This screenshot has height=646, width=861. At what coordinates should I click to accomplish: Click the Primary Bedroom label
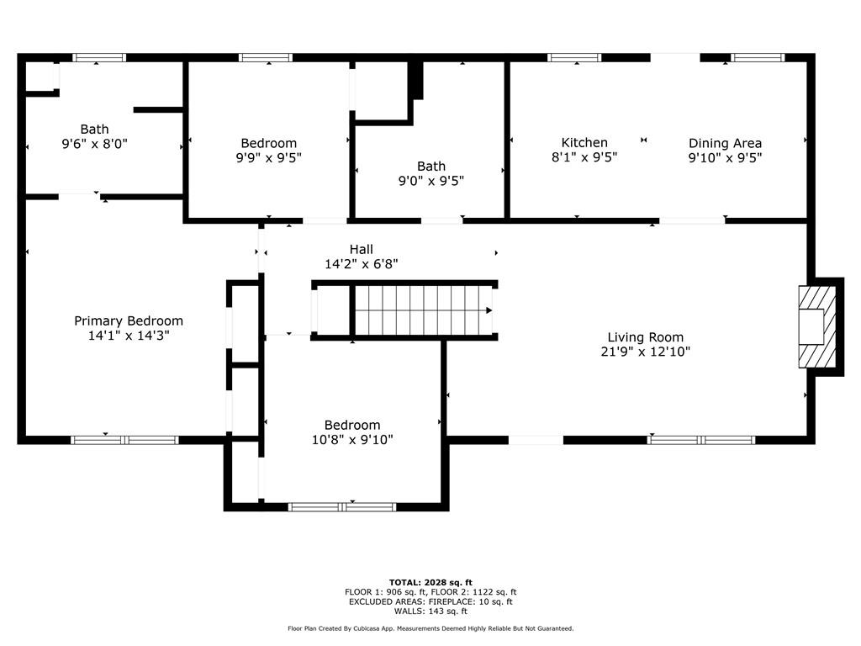(129, 320)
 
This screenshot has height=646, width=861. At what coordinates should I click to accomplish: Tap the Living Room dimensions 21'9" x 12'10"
(645, 352)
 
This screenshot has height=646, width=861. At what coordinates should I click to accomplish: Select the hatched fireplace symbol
(817, 327)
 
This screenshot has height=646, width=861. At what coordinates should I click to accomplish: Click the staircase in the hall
(424, 310)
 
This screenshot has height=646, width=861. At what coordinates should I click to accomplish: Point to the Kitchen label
(584, 143)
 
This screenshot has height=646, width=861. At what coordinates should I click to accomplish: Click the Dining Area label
(725, 143)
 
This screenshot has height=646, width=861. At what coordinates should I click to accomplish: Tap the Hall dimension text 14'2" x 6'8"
(362, 264)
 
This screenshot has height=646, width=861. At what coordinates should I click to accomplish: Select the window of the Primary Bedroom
(124, 440)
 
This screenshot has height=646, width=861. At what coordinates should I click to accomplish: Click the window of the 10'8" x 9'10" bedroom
(342, 506)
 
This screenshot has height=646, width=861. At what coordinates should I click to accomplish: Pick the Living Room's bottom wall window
(701, 440)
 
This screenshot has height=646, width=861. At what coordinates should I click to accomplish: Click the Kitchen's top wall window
(574, 58)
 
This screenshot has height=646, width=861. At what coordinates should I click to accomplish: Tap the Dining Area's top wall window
(758, 58)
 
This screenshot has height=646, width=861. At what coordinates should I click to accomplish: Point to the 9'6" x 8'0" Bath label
(94, 130)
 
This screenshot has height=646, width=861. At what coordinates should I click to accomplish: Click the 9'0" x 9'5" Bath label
(431, 167)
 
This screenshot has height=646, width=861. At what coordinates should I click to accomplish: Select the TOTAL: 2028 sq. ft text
(430, 582)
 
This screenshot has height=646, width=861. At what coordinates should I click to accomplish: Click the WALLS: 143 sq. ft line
(430, 611)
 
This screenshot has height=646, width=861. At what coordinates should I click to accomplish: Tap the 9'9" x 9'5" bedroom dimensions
(268, 157)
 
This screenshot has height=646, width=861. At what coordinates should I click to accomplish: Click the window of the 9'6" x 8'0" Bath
(99, 58)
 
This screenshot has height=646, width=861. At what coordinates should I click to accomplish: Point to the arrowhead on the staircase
(489, 310)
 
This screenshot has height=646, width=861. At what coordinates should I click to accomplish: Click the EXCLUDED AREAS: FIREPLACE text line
(430, 601)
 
